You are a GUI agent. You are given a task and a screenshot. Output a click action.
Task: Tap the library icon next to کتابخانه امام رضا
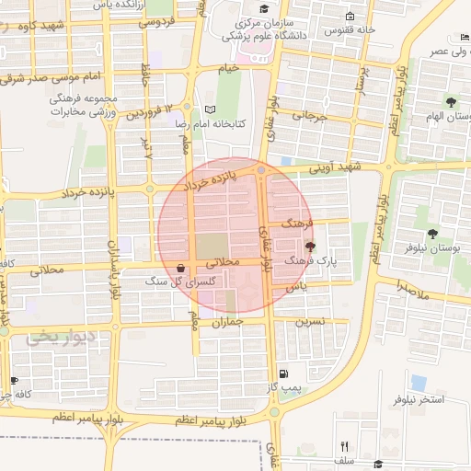click(x=210, y=109)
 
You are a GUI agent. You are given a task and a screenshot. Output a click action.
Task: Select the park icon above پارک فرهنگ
click(x=310, y=247)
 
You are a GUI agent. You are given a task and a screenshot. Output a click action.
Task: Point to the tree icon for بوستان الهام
click(x=451, y=101)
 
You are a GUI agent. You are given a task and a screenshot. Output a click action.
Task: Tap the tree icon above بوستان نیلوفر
click(x=433, y=234)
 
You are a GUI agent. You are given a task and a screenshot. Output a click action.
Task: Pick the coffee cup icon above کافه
click(x=13, y=380)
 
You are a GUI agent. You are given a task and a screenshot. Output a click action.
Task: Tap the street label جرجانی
click(x=309, y=116)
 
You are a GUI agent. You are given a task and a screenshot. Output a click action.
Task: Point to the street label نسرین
click(x=310, y=322)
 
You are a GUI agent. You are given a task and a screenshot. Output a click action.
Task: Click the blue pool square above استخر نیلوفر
click(x=419, y=381)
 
